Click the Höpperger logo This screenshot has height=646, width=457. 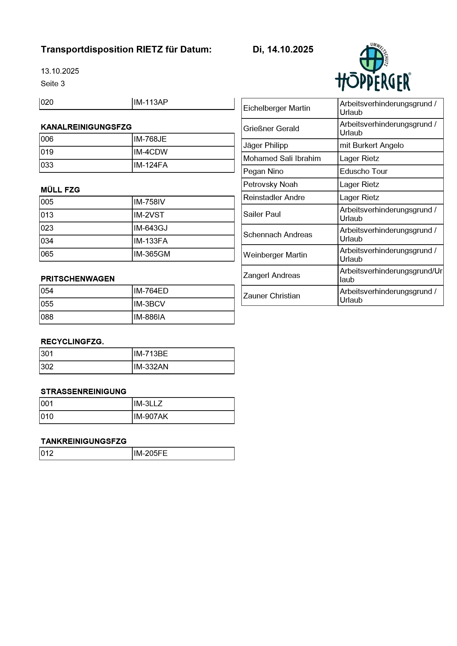pyautogui.click(x=373, y=68)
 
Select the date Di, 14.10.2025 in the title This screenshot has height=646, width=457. pyautogui.click(x=283, y=50)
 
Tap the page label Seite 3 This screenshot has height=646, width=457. pyautogui.click(x=53, y=84)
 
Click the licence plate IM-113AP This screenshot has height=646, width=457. pyautogui.click(x=151, y=102)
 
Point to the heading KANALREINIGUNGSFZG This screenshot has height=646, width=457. pyautogui.click(x=86, y=127)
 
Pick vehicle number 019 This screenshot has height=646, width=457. pyautogui.click(x=47, y=152)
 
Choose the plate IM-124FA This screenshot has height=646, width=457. pyautogui.click(x=151, y=165)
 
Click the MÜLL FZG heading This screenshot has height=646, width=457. pyautogui.click(x=60, y=190)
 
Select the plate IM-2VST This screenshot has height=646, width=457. pyautogui.click(x=149, y=215)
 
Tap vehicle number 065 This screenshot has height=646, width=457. pyautogui.click(x=47, y=254)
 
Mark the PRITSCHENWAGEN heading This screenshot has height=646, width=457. pyautogui.click(x=78, y=279)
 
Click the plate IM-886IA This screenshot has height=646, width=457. pyautogui.click(x=149, y=317)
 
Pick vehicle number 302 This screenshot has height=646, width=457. pyautogui.click(x=47, y=367)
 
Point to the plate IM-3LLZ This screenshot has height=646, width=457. pyautogui.click(x=148, y=404)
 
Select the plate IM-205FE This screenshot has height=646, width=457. pyautogui.click(x=151, y=453)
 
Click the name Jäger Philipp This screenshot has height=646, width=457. pyautogui.click(x=266, y=146)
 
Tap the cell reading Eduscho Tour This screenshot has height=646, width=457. pyautogui.click(x=364, y=171)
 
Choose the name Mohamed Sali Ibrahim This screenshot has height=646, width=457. pyautogui.click(x=282, y=158)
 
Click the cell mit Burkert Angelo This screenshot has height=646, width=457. pyautogui.click(x=372, y=146)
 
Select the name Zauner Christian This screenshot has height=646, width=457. pyautogui.click(x=272, y=296)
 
